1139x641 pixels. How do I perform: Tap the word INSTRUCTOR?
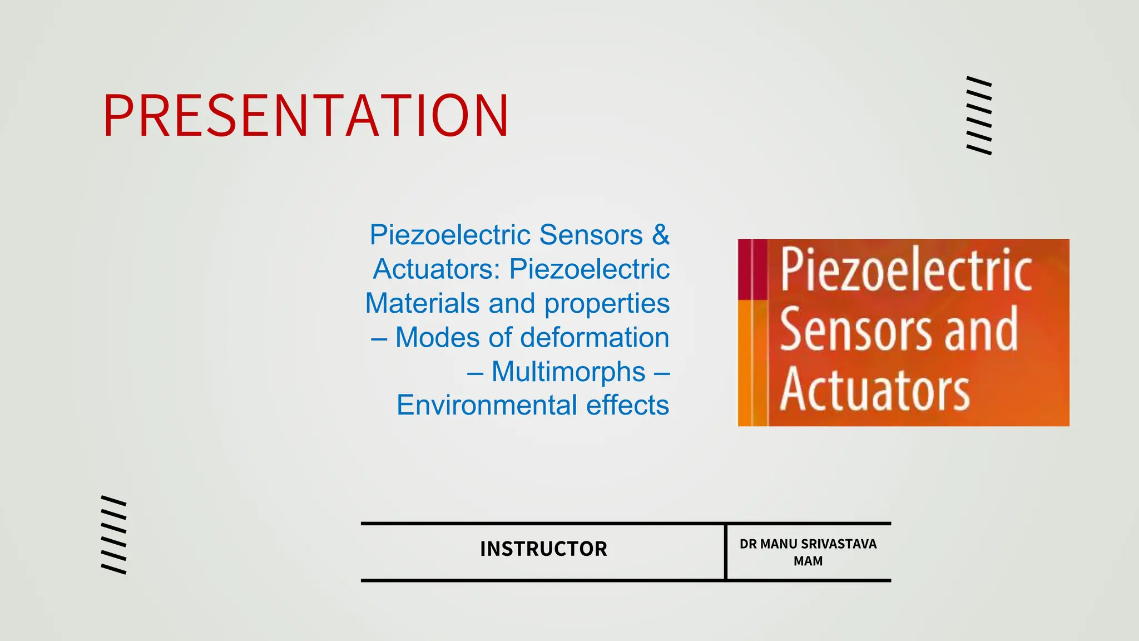(x=543, y=549)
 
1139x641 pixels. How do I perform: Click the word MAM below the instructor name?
(x=808, y=561)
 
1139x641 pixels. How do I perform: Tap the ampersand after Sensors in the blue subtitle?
(x=661, y=234)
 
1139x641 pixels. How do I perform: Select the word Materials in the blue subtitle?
(x=422, y=303)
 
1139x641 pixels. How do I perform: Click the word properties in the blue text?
(x=607, y=304)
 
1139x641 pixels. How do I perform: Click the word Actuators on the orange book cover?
(x=874, y=389)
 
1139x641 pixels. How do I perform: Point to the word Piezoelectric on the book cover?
(x=906, y=270)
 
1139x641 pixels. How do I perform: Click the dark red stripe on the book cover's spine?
(x=752, y=269)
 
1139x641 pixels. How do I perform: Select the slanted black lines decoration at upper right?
(x=979, y=115)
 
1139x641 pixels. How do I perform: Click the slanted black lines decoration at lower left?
(x=113, y=534)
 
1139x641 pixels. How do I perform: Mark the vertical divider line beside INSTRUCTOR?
(x=726, y=551)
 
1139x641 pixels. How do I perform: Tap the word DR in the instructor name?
(x=748, y=544)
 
